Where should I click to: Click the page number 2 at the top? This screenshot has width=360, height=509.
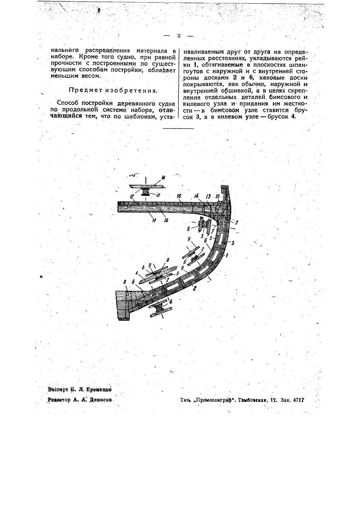point(179,35)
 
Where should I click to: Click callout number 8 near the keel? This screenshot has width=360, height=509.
point(125,283)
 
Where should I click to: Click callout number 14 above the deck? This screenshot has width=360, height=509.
point(196,196)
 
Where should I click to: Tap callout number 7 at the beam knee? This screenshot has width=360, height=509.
point(213,230)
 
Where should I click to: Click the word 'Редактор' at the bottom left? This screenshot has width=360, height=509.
point(61,400)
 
